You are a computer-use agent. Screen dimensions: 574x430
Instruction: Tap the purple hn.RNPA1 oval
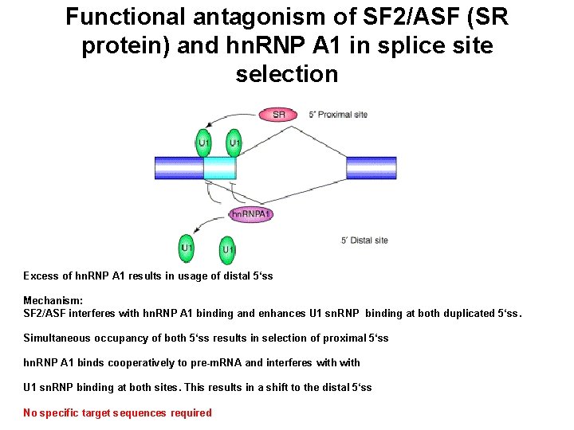[250, 214]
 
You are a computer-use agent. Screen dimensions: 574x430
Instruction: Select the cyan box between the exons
[219, 167]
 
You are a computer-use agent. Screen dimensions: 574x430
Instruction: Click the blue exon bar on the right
[349, 167]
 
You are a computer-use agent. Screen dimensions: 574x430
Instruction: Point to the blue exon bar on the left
[179, 167]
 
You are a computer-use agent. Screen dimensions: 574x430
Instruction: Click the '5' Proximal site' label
[338, 115]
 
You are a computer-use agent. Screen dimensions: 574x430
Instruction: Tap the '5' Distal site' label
[364, 240]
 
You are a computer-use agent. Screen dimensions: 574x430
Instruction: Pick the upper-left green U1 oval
[204, 143]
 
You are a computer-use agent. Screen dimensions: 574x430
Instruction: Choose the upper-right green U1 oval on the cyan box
[234, 143]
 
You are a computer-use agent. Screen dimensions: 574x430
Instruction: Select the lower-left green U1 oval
[187, 248]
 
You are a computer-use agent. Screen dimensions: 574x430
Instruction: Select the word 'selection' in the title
[286, 75]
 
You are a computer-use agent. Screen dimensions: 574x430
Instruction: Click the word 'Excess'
[41, 276]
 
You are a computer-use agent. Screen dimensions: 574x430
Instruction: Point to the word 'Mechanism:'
[53, 301]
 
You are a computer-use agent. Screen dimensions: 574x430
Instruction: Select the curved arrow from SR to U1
[227, 117]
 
